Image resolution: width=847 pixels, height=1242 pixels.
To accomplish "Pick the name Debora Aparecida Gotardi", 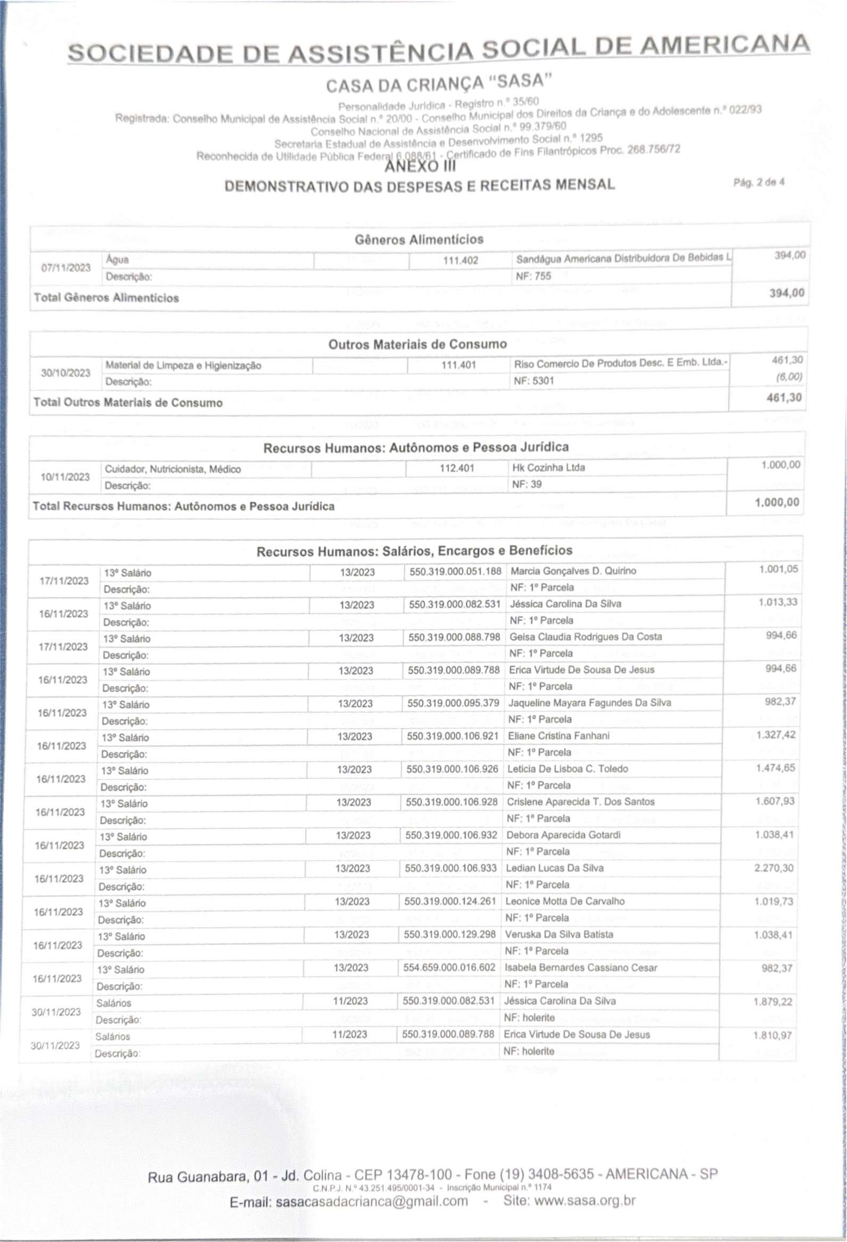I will click(x=563, y=835).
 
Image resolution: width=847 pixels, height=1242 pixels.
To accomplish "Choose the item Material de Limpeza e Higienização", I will click(x=183, y=366).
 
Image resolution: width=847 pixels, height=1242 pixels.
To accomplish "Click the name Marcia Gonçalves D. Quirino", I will click(x=573, y=571).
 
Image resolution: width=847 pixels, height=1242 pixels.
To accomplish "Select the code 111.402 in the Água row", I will click(x=460, y=261).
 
